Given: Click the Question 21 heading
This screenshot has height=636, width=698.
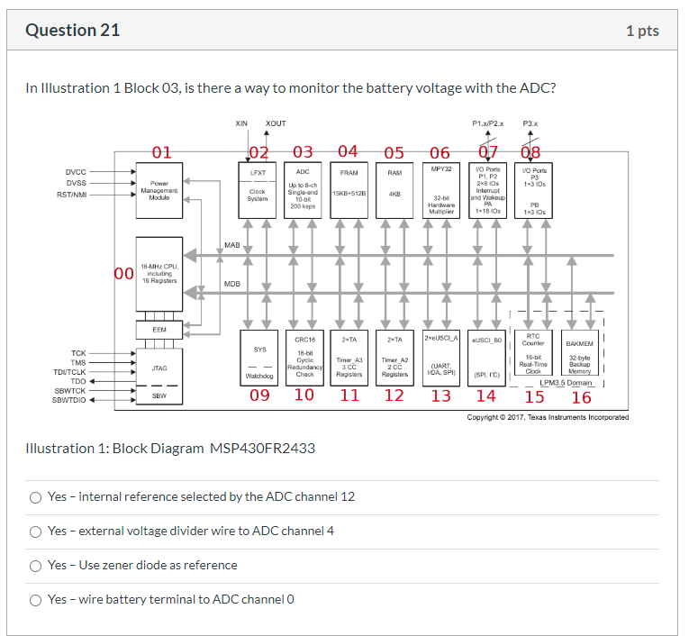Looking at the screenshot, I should [72, 31].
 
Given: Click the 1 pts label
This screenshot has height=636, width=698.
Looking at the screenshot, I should [641, 31].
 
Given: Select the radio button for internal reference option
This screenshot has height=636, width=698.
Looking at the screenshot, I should [36, 497].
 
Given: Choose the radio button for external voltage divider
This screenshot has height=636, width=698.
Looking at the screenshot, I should [36, 532].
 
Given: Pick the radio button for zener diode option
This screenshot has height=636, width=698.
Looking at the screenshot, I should [36, 566].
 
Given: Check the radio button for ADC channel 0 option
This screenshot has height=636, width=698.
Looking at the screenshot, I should [36, 600].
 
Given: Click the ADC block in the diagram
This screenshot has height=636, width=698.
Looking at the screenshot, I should [304, 190].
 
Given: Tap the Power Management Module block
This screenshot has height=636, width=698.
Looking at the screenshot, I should [159, 190].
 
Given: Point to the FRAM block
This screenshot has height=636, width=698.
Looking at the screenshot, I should [349, 190].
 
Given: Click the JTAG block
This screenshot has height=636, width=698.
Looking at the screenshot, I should [159, 368].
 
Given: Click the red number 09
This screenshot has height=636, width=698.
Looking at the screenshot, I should [259, 395].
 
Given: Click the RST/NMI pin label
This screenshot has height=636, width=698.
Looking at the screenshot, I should [72, 195].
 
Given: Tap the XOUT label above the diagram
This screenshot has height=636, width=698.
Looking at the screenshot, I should [276, 123].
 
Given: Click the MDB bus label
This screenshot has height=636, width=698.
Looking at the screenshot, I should [231, 284].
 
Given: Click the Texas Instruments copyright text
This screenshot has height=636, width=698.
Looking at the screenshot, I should [547, 417].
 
